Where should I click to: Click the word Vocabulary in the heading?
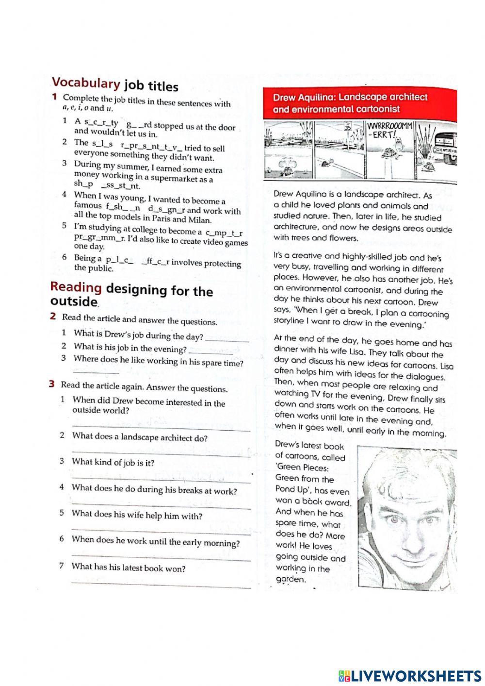[85, 83]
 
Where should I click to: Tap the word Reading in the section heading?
[76, 287]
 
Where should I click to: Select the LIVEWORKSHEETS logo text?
[410, 675]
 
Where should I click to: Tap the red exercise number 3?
[51, 384]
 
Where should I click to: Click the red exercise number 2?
[52, 316]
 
